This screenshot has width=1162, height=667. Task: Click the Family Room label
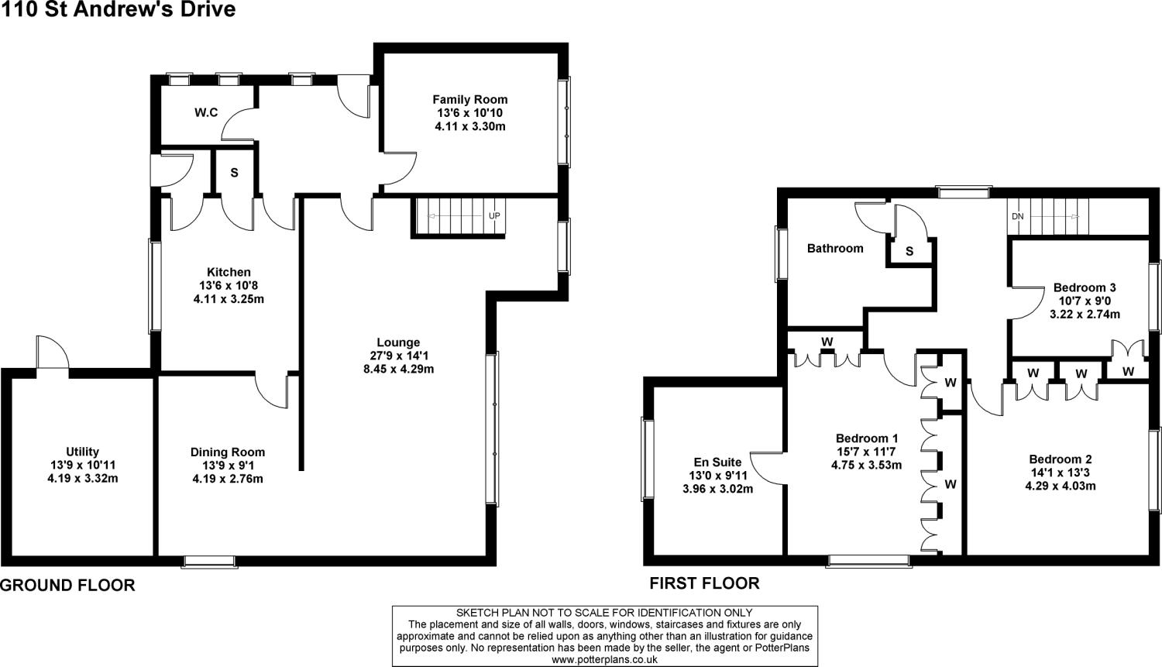469,99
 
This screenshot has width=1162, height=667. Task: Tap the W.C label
205,113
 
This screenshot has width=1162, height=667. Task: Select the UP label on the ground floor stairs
493,215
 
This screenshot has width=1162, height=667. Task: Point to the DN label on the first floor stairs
1017,216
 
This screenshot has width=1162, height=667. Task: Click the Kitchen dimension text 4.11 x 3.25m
229,298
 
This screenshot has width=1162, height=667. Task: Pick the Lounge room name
398,342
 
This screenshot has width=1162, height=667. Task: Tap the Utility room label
82,452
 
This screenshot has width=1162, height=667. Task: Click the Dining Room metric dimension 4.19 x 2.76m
228,479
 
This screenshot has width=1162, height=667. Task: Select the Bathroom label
835,249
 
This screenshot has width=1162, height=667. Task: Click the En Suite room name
717,462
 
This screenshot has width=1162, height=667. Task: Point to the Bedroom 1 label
867,438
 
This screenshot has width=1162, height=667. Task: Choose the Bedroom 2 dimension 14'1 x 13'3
1061,473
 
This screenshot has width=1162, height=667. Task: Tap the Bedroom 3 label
1085,287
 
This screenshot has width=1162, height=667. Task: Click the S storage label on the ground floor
234,173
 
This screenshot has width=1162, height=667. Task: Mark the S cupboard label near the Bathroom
909,252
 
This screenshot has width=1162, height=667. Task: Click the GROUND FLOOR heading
67,586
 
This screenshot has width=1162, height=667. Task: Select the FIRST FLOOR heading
704,583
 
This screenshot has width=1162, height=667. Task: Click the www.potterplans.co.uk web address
604,659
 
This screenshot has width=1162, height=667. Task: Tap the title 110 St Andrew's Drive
118,10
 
